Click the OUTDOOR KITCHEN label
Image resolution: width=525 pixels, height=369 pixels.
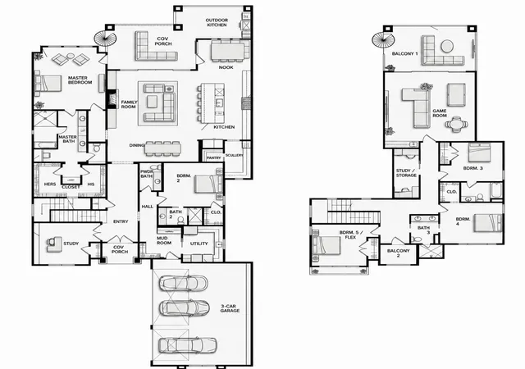217,22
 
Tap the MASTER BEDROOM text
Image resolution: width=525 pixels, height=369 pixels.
80,80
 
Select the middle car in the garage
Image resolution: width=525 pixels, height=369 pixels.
184,307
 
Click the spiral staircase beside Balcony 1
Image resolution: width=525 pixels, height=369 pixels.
383,39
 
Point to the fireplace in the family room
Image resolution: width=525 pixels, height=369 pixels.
111,98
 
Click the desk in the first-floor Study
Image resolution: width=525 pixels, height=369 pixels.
53,244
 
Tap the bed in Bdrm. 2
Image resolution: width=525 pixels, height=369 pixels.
207,184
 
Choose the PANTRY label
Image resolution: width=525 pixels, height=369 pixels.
213,157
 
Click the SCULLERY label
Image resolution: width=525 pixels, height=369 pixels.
234,155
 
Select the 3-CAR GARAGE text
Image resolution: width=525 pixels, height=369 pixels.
230,308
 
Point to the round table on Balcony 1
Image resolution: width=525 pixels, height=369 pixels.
447,46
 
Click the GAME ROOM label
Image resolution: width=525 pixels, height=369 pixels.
440,113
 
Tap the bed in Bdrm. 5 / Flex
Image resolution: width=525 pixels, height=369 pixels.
326,246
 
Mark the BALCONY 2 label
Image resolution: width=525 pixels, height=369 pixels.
398,253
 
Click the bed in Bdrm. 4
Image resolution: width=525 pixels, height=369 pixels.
488,223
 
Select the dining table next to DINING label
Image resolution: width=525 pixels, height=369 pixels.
162,148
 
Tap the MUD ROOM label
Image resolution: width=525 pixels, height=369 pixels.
164,240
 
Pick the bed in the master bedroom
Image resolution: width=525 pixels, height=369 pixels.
48,83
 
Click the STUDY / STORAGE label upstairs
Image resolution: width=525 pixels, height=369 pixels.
406,173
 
